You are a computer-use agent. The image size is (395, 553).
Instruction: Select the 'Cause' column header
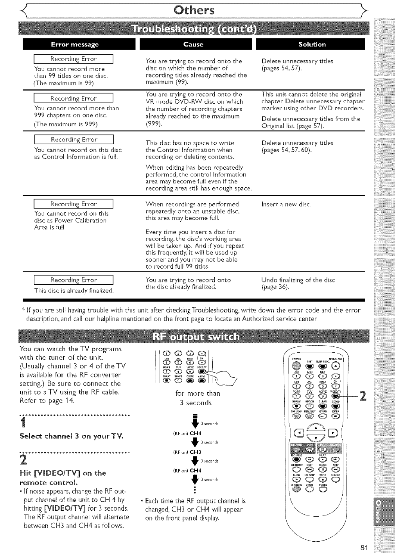[193, 45]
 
